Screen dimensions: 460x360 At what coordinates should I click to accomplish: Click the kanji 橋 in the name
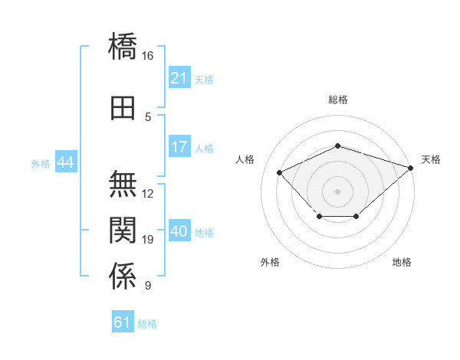(123, 46)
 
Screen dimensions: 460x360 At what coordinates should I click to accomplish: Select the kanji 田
(123, 108)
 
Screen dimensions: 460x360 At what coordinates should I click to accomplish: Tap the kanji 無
(123, 184)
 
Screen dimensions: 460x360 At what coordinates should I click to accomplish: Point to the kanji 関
(123, 230)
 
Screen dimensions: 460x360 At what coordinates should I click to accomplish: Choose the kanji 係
(123, 276)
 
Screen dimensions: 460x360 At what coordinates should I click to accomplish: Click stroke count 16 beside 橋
(147, 56)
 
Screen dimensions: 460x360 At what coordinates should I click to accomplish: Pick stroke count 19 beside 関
(147, 240)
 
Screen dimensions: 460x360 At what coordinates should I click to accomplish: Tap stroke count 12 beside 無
(147, 194)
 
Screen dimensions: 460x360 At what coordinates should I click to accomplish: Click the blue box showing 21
(179, 77)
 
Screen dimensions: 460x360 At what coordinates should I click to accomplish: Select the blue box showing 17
(179, 146)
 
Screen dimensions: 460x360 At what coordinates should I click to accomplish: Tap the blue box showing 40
(179, 230)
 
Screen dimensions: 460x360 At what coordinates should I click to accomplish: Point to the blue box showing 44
(66, 161)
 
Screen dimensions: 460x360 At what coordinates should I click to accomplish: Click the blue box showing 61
(123, 321)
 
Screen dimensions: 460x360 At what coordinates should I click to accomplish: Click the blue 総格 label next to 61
(147, 324)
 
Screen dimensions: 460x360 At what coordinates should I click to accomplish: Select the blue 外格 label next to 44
(41, 164)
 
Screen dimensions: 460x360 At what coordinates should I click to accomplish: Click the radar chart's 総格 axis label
(338, 100)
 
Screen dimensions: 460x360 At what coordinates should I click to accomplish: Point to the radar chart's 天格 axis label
(431, 159)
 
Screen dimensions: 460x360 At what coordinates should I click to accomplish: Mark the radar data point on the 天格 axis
(411, 168)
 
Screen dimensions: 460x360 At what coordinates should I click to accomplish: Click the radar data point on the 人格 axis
(279, 172)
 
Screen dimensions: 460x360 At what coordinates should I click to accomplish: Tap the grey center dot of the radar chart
(337, 191)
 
